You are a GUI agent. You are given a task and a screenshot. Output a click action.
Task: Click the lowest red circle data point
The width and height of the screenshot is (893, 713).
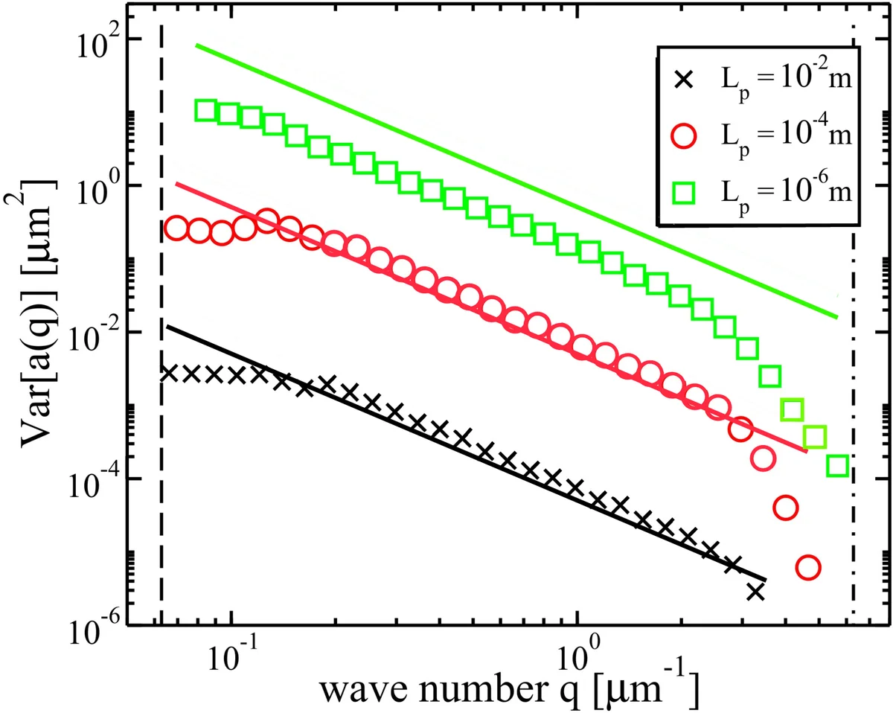pyautogui.click(x=808, y=568)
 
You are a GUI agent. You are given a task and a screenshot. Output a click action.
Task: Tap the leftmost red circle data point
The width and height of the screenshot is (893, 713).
pyautogui.click(x=176, y=228)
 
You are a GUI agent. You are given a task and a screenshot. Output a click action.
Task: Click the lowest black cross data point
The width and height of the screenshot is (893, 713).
pyautogui.click(x=755, y=592)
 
